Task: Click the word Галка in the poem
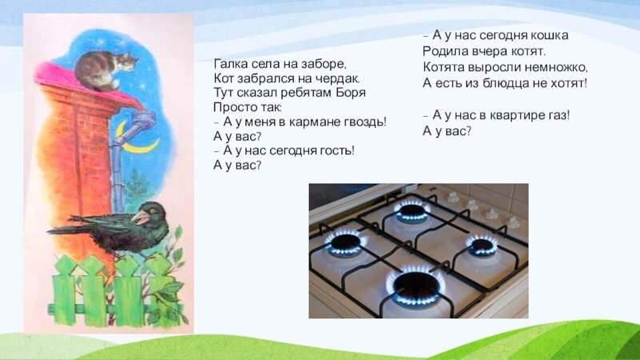(x=229, y=64)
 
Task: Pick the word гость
(x=334, y=151)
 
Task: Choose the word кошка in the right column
(x=550, y=36)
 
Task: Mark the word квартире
(x=517, y=116)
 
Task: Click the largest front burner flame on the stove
(x=416, y=286)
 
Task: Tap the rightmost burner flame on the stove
(x=482, y=245)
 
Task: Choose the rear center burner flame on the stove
(x=413, y=210)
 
